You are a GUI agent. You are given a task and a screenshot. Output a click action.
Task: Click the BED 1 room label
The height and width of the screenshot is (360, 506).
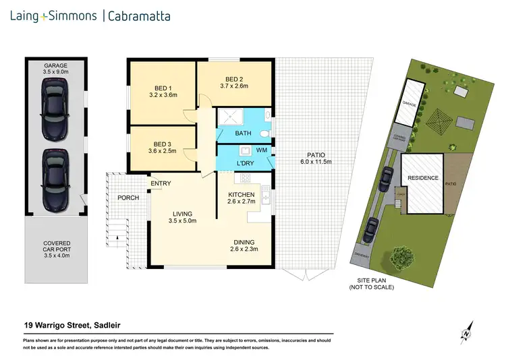162,88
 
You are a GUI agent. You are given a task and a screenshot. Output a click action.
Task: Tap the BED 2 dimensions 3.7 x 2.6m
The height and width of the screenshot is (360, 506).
234,86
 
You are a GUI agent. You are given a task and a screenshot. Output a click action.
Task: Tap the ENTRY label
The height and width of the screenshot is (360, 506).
161,183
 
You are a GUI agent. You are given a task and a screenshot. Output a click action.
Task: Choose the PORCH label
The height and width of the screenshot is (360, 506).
128,198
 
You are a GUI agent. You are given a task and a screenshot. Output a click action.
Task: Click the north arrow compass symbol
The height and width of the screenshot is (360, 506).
466,331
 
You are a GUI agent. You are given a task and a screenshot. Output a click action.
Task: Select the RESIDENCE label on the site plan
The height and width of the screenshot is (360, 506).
422,178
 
